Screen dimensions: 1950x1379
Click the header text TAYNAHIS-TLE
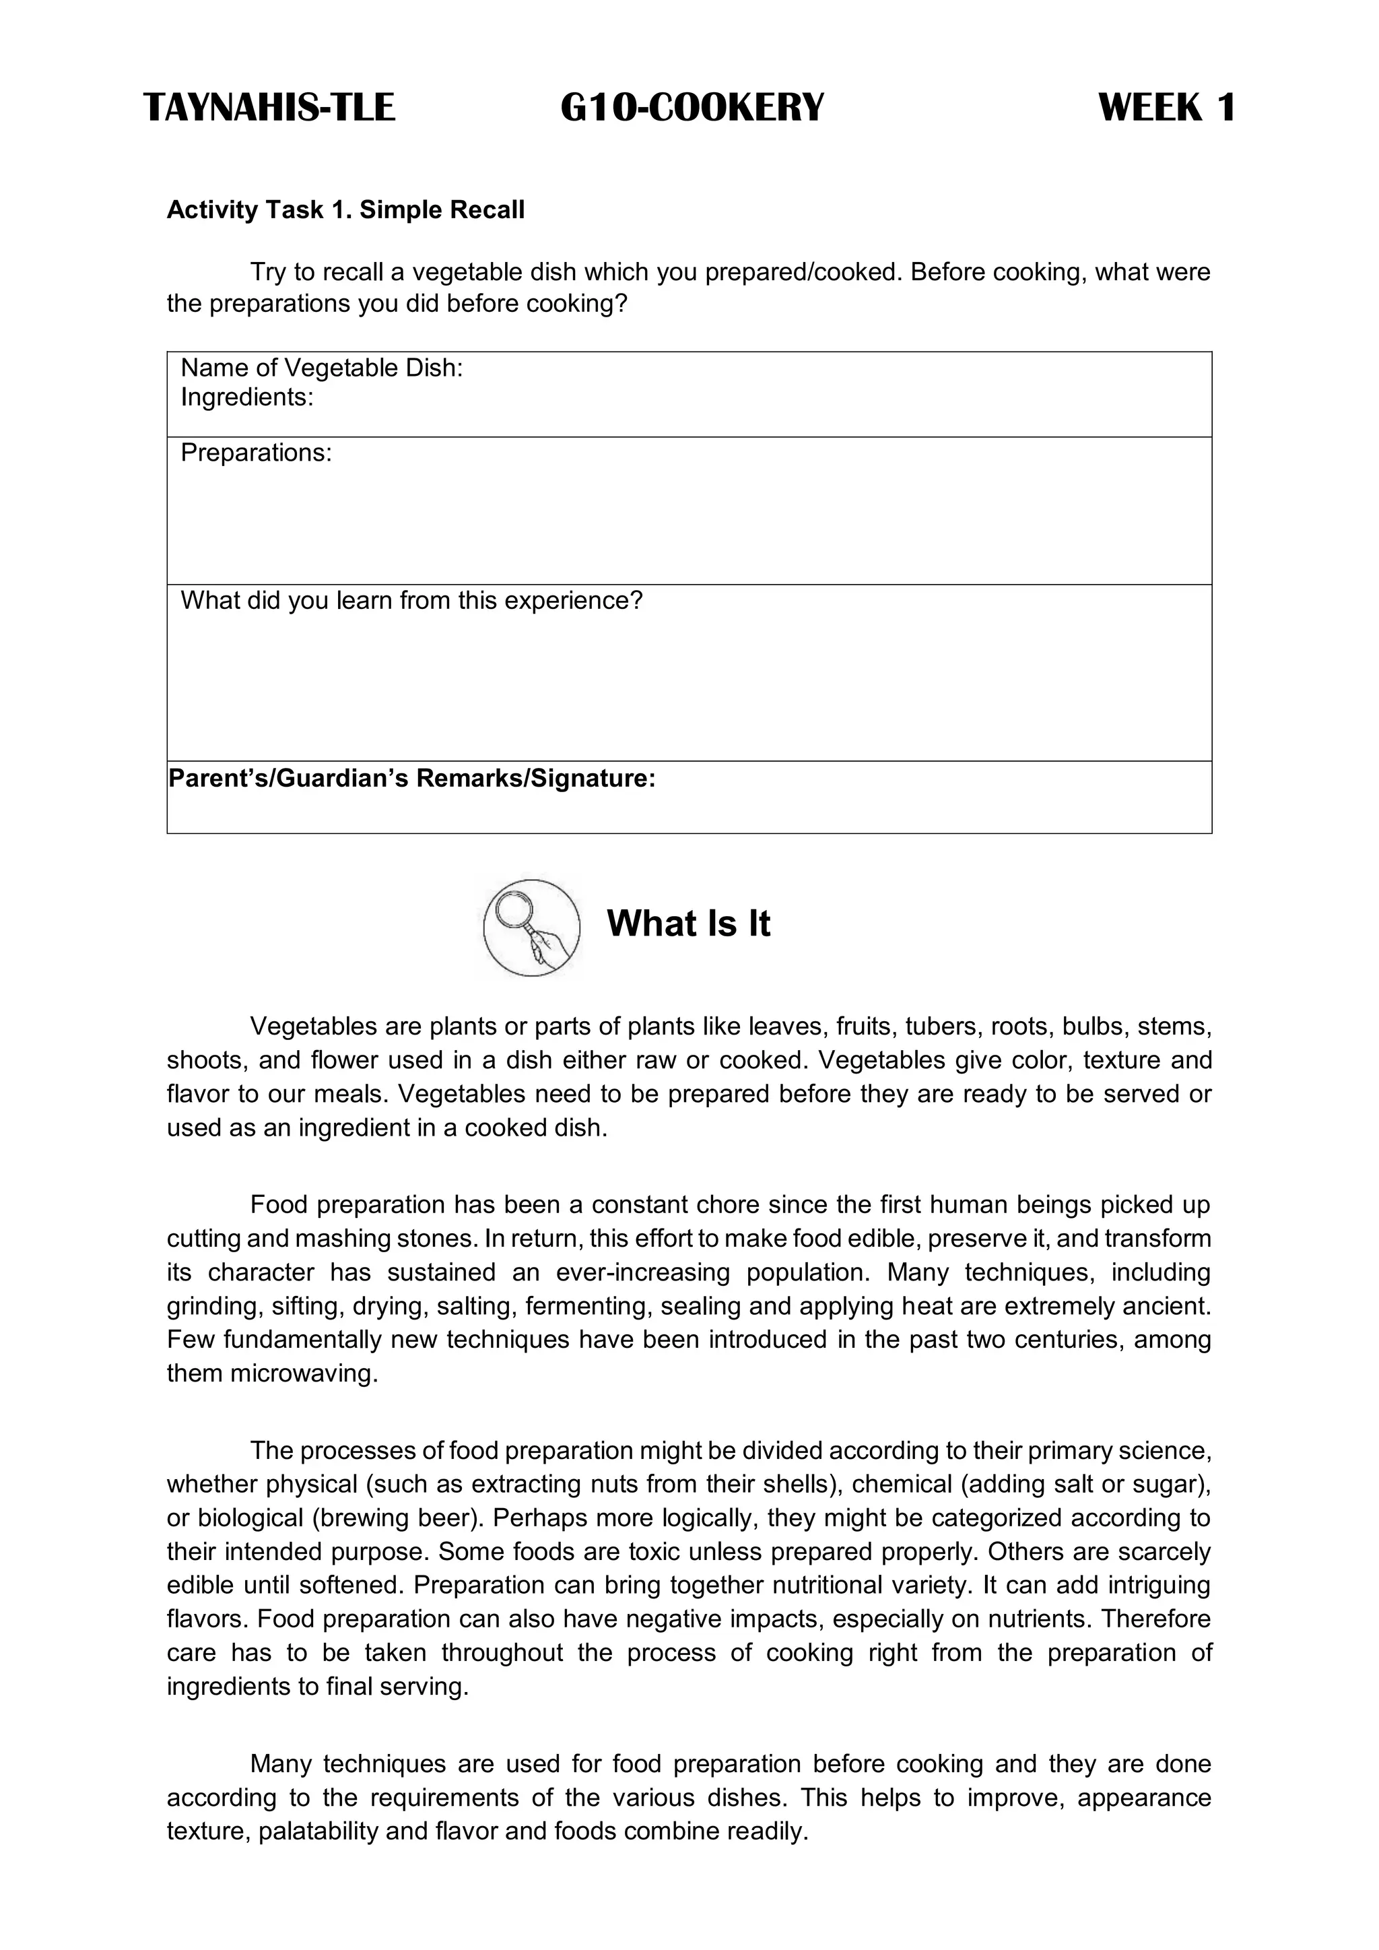[x=269, y=108]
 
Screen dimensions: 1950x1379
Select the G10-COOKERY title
[x=692, y=108]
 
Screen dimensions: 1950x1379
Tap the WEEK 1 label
[x=1167, y=108]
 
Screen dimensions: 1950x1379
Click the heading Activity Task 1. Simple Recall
[x=345, y=209]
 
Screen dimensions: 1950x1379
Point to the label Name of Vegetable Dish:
[x=322, y=368]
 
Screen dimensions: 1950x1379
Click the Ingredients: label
[x=247, y=397]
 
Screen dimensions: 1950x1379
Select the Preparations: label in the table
[x=256, y=453]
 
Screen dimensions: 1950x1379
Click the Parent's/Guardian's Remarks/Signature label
[x=412, y=778]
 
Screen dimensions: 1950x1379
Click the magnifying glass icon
[x=531, y=928]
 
